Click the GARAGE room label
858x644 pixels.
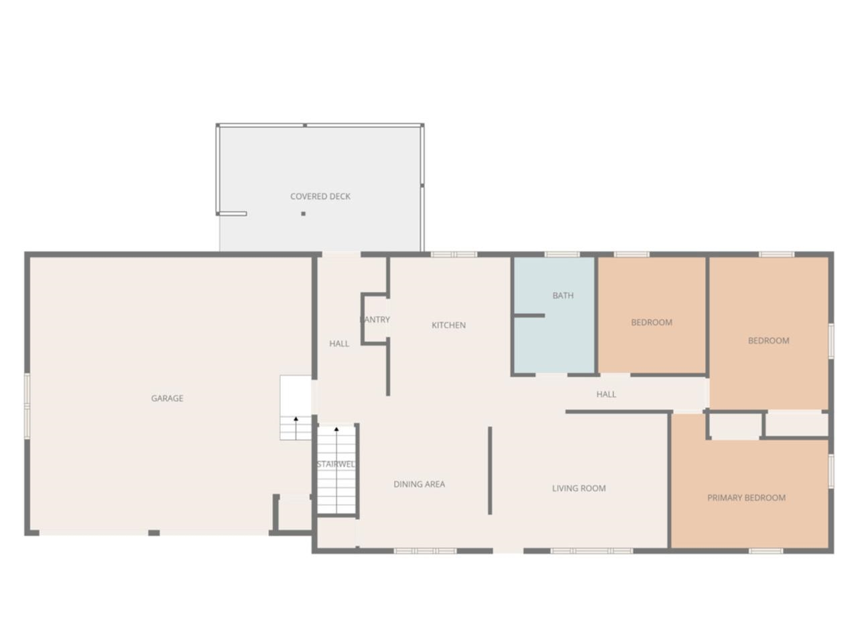click(167, 398)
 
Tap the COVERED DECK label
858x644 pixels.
click(320, 197)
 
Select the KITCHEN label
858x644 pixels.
click(448, 325)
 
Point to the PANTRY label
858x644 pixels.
click(375, 320)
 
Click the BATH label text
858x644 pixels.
click(563, 296)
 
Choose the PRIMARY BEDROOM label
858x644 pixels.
click(746, 498)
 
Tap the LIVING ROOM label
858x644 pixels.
click(578, 488)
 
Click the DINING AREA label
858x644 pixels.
click(419, 484)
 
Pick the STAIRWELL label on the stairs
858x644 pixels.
click(336, 464)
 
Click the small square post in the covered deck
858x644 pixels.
click(304, 214)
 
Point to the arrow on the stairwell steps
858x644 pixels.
click(336, 429)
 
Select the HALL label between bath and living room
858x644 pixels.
click(606, 394)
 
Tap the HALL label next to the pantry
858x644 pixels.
click(339, 344)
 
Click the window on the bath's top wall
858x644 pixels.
click(562, 254)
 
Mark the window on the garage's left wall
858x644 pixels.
click(27, 407)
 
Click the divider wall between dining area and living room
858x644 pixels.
click(490, 471)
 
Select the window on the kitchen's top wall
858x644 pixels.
click(454, 254)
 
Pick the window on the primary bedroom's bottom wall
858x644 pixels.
click(765, 551)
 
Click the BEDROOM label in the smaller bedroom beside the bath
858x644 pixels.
click(652, 323)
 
